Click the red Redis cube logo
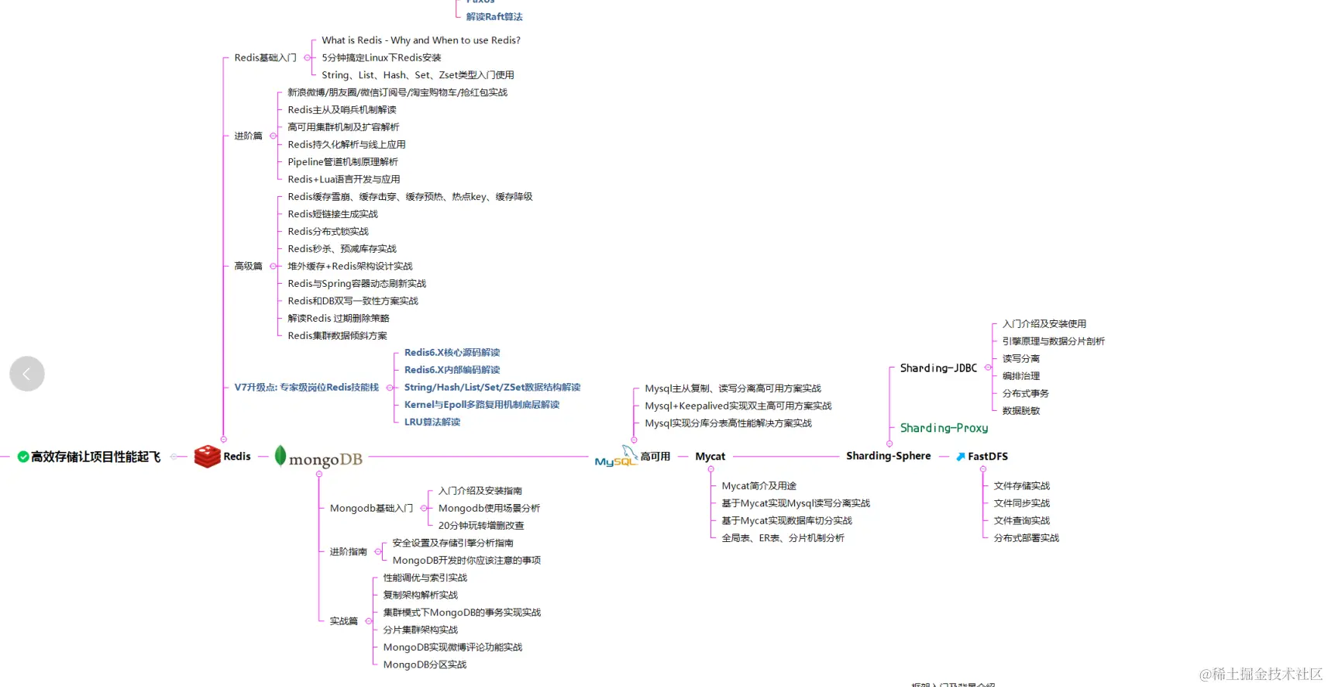point(207,456)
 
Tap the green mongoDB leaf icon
point(280,455)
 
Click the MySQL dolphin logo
point(615,457)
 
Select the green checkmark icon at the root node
point(23,457)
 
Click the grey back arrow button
point(27,374)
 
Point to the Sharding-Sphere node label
point(888,456)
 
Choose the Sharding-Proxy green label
point(944,428)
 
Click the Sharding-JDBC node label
point(938,368)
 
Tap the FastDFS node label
point(987,457)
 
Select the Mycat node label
point(710,457)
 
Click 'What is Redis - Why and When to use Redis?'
point(421,40)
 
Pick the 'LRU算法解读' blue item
point(432,422)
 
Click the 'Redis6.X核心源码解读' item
point(452,353)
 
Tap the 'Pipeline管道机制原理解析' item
point(342,162)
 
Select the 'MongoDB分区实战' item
point(425,665)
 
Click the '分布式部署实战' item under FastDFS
point(1026,538)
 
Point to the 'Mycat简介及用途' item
point(759,486)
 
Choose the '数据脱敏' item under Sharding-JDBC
point(1020,411)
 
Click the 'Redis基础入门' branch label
point(265,58)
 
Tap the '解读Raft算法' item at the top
point(494,17)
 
